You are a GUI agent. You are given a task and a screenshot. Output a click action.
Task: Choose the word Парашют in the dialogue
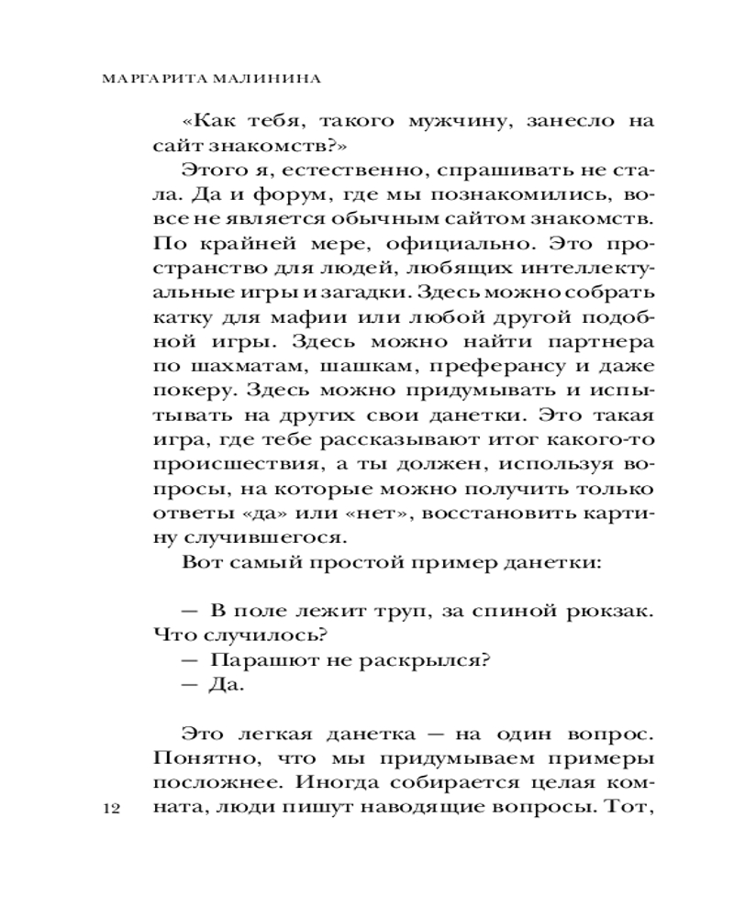point(260,660)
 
